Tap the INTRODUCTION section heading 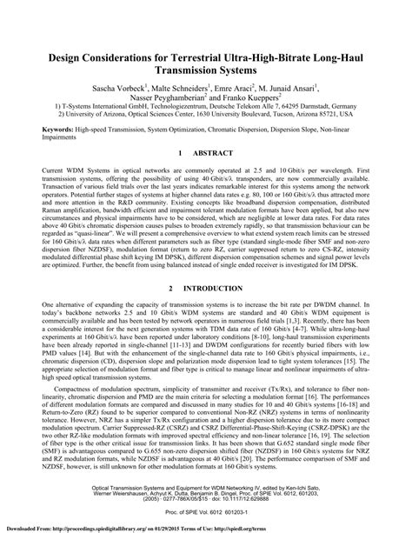214,311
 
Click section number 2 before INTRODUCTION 171,311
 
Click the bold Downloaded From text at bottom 28,528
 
